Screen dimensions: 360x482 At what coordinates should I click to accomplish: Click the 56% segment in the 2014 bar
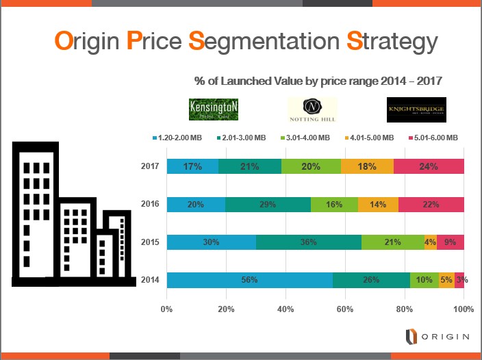click(x=249, y=280)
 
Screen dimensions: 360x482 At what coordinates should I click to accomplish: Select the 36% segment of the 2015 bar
click(x=309, y=242)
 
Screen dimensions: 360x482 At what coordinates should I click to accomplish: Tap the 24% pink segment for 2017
click(x=429, y=166)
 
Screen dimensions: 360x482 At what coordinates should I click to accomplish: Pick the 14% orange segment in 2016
click(x=378, y=204)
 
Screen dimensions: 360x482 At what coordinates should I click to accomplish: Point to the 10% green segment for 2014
click(x=424, y=280)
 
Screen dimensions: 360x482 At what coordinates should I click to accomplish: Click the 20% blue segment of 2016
click(x=196, y=204)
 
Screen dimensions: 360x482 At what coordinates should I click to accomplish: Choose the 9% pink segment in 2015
click(x=451, y=242)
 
